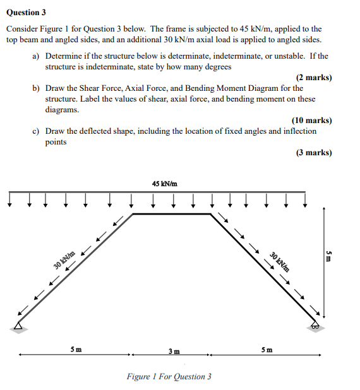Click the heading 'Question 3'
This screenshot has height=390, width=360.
pos(26,12)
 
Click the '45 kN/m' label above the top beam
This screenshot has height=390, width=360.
pos(164,184)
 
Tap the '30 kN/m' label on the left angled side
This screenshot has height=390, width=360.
pos(64,260)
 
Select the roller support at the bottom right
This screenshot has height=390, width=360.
pos(313,325)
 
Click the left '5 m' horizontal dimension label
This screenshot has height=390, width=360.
pos(75,349)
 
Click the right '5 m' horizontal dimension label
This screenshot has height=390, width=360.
pos(267,349)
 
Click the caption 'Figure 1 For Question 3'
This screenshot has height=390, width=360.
pos(169,377)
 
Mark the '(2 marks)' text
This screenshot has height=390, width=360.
pos(313,78)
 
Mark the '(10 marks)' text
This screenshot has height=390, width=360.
pos(311,120)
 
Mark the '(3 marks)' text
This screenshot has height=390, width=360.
pos(313,153)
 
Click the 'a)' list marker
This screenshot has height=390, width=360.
pos(36,56)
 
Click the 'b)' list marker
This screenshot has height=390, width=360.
pos(36,88)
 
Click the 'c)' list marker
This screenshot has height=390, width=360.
pos(36,131)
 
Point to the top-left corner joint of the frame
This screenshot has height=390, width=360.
pos(133,214)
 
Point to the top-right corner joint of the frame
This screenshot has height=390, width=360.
pos(210,214)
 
